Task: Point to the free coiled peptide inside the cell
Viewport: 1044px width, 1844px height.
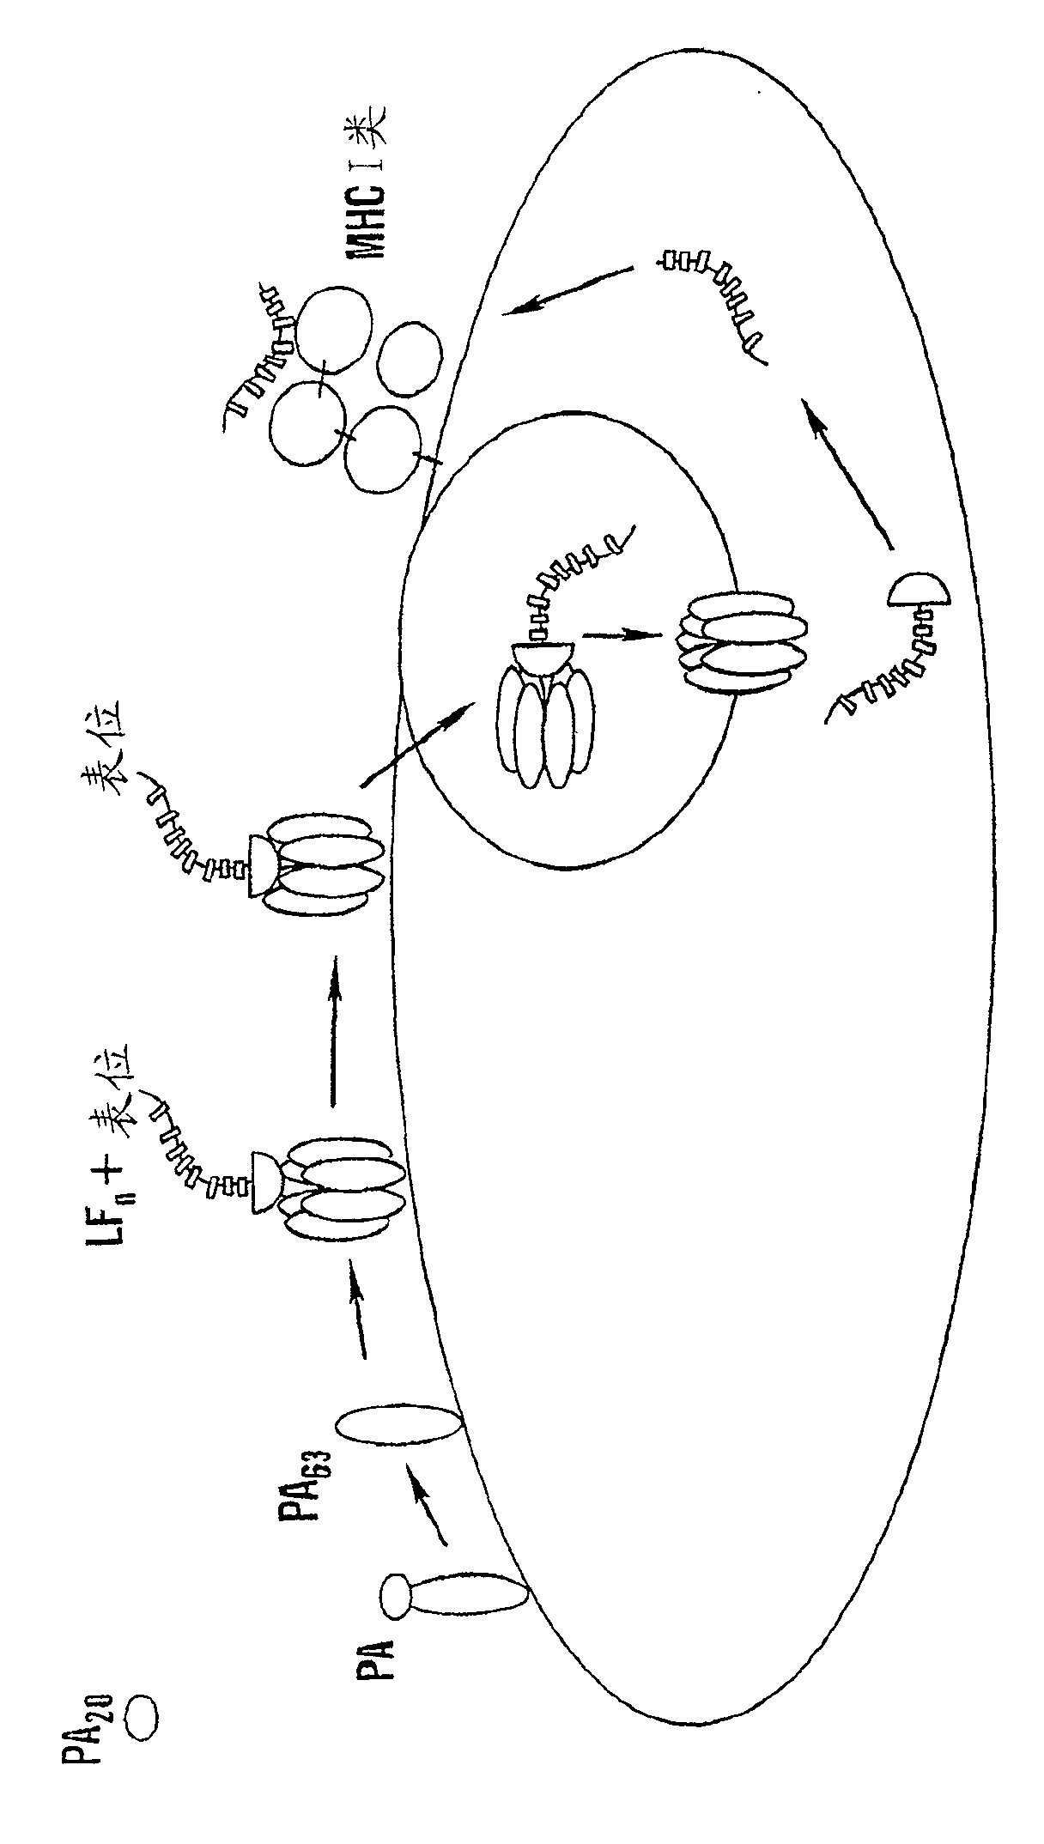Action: coord(717,297)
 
